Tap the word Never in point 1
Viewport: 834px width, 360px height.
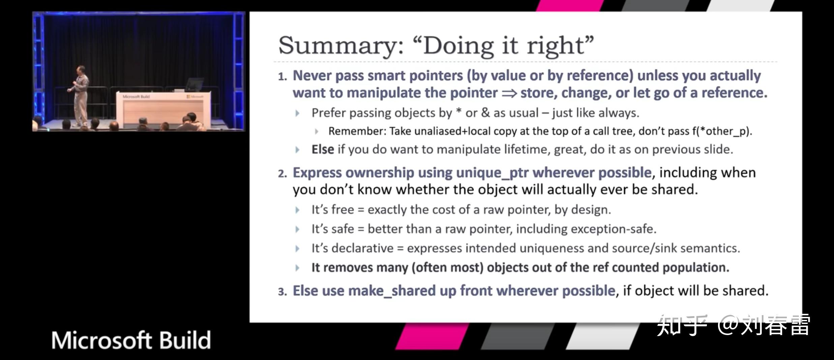[x=312, y=76]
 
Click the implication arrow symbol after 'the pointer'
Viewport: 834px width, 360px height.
[x=509, y=93]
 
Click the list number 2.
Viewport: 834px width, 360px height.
[x=282, y=174]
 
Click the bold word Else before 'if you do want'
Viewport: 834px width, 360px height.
[x=323, y=149]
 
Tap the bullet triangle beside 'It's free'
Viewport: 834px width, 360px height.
[x=297, y=210]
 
